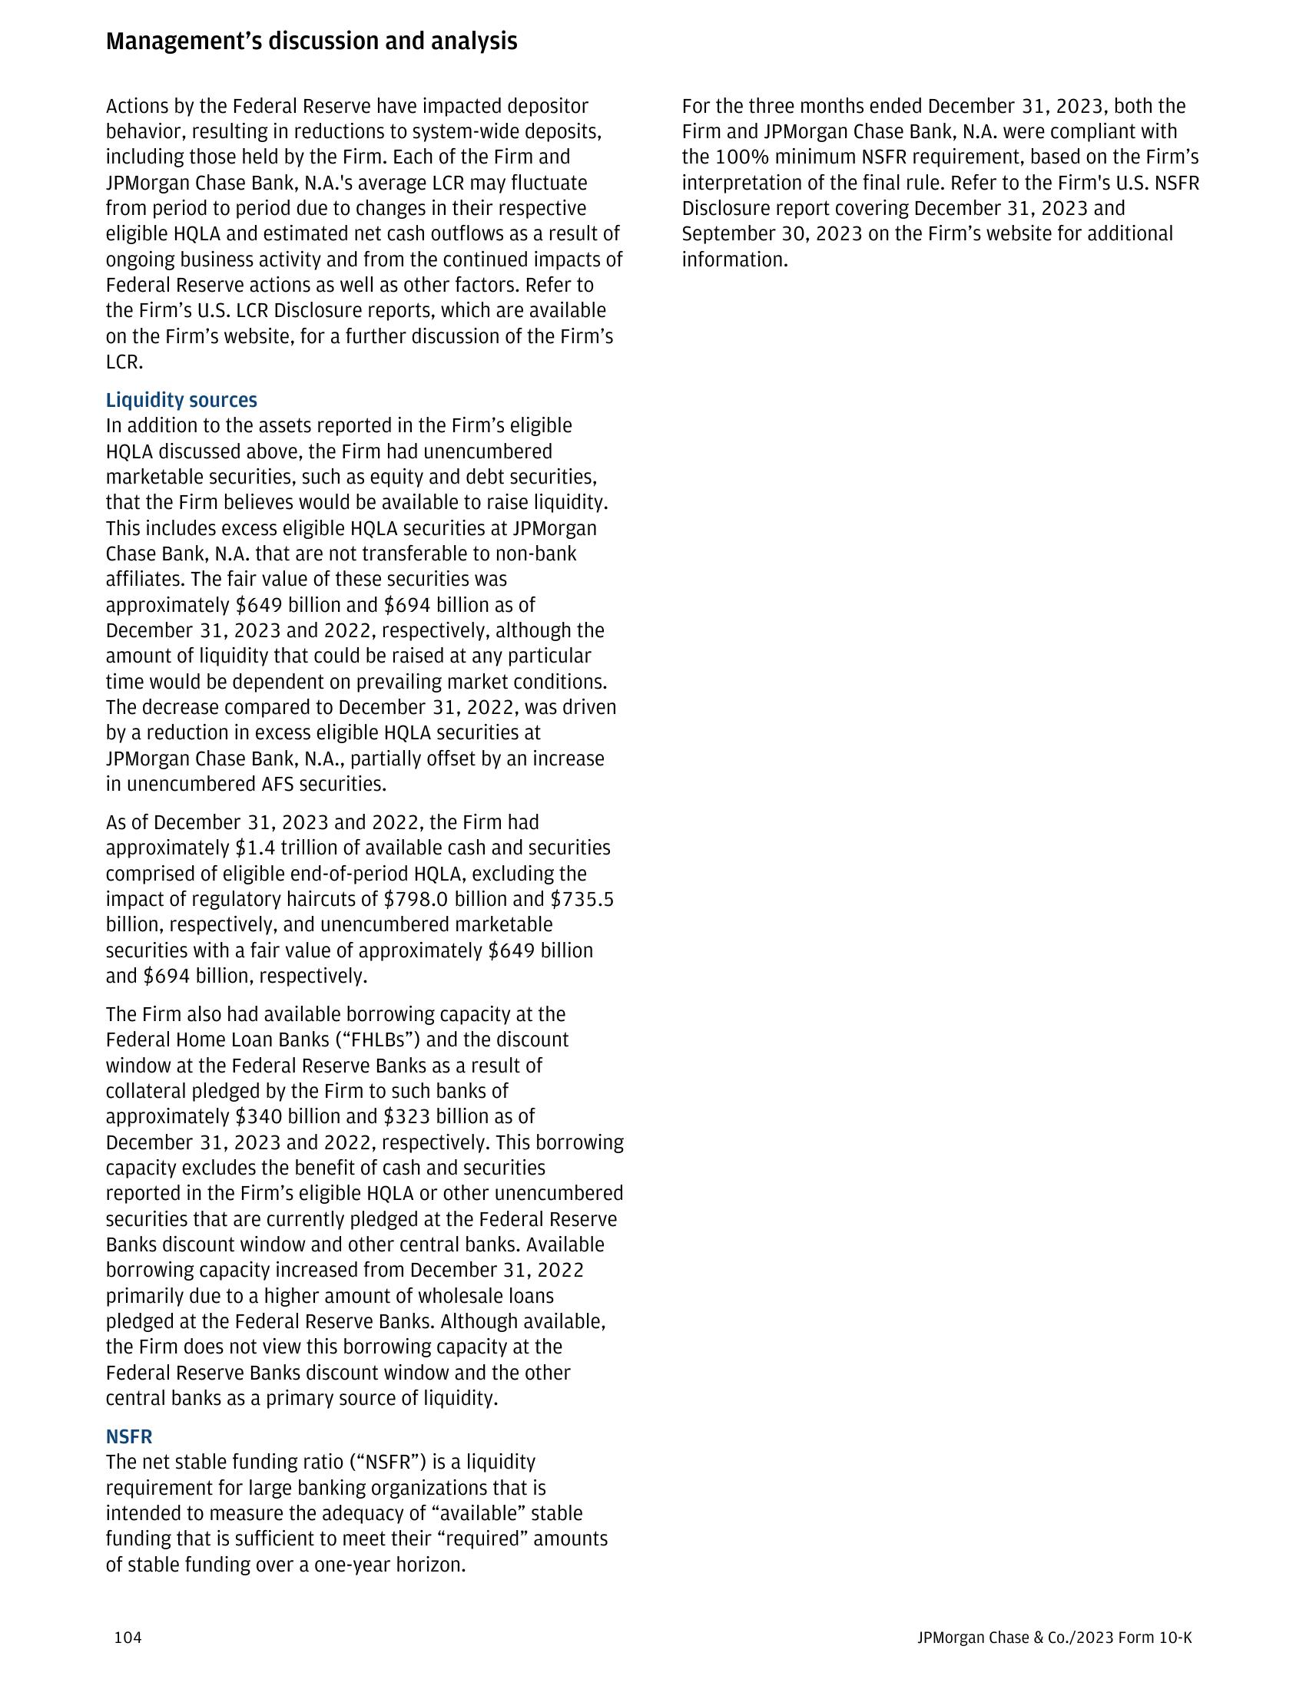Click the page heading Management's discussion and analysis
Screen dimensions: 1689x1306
(311, 41)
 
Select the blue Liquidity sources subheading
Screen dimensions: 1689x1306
(181, 400)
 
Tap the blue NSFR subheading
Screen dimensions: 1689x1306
(128, 1436)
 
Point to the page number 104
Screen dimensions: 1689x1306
(128, 1638)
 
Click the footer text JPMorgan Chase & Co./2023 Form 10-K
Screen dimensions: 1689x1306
(1054, 1638)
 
